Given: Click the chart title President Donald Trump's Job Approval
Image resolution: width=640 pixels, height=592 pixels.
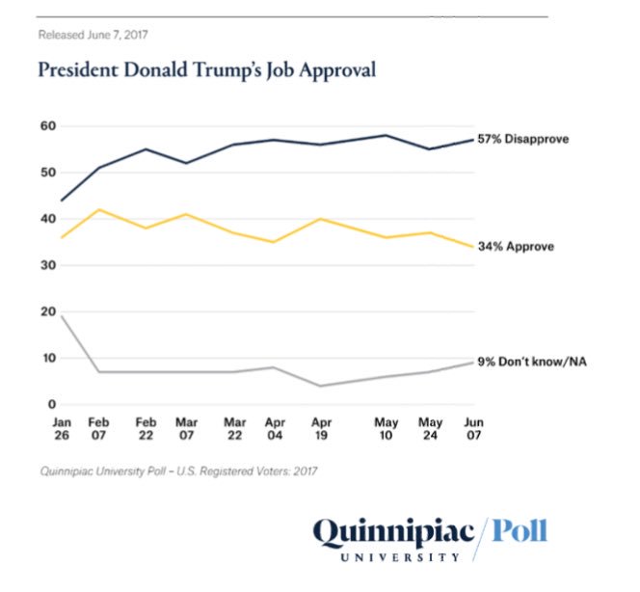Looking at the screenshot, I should click(206, 70).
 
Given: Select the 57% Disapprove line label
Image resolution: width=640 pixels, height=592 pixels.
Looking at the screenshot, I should click(522, 139).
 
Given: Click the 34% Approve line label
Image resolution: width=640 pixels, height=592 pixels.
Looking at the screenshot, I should click(515, 247).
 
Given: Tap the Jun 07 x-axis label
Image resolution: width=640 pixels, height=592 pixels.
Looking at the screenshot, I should click(473, 429).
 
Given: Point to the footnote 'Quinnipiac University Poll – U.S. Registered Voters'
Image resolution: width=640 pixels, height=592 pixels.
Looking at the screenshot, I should click(178, 471).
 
